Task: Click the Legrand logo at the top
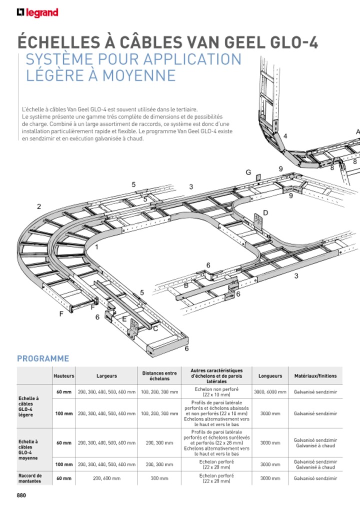click(37, 12)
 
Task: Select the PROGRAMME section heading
click(43, 358)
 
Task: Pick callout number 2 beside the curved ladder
click(39, 206)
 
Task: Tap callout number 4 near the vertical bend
click(285, 136)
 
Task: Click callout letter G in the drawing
click(248, 172)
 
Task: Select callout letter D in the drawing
click(265, 213)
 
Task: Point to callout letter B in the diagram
click(186, 285)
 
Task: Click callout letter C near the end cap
click(155, 328)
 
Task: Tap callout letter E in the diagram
click(124, 318)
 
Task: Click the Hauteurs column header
click(64, 376)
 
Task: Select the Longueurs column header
click(270, 376)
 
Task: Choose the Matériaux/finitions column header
click(315, 376)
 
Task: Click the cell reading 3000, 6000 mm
click(270, 392)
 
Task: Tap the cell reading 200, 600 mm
click(106, 478)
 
